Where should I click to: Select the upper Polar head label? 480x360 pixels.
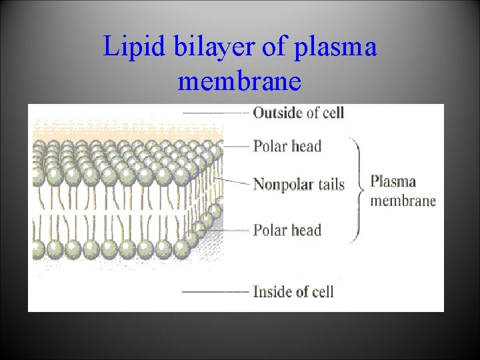(287, 146)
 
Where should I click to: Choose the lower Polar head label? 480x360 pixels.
(287, 231)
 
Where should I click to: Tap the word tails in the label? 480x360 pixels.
(331, 184)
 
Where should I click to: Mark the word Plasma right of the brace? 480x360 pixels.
(393, 181)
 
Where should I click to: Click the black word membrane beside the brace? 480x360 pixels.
(403, 200)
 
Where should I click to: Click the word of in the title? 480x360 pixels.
(279, 47)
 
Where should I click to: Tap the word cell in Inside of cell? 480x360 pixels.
(320, 291)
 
